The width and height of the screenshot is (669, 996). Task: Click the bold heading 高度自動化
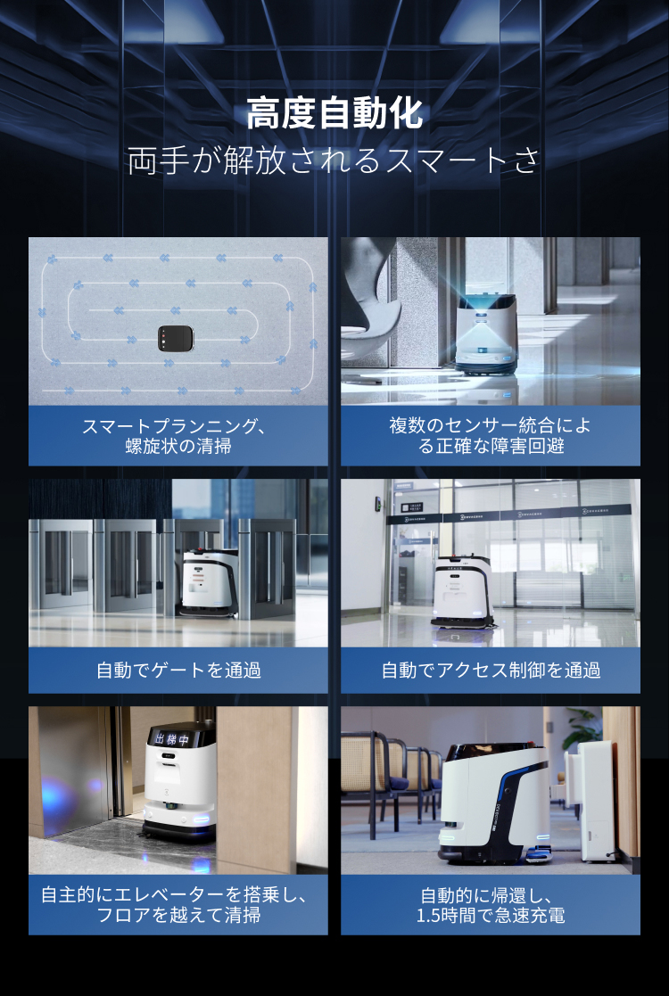point(334,115)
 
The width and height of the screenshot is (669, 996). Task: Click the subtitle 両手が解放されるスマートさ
point(334,161)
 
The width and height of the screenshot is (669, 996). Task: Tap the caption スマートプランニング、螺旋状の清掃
point(178,435)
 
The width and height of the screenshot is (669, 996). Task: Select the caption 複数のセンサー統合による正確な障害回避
point(490,435)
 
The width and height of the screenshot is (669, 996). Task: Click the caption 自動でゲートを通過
point(178,670)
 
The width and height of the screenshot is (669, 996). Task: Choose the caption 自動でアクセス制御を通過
point(490,670)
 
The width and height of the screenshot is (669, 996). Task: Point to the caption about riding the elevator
point(178,904)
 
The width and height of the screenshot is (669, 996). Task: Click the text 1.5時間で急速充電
point(490,916)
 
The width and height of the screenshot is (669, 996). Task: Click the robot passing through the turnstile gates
point(206,581)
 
